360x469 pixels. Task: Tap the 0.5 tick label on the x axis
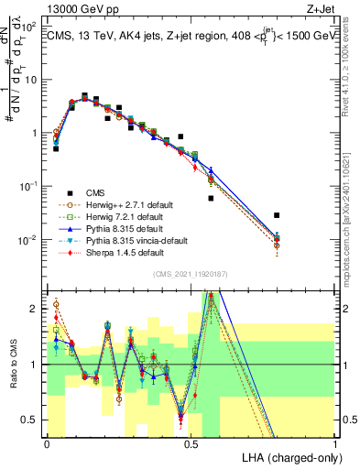coord(191,442)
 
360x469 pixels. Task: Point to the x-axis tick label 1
coord(336,442)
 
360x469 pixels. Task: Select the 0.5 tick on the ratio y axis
coord(33,420)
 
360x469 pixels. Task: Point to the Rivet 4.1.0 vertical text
coord(352,64)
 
